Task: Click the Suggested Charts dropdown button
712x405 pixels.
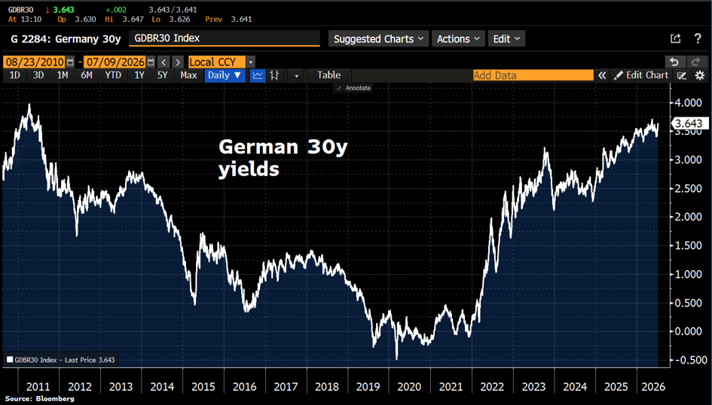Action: tap(377, 39)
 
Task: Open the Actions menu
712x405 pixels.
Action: tap(458, 39)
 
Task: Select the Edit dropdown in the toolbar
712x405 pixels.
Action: tap(507, 39)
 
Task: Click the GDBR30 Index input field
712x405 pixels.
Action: tap(225, 38)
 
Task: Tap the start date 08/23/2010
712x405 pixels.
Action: tap(35, 62)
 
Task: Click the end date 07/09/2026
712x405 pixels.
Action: tap(116, 62)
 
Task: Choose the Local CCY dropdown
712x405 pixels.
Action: tap(217, 62)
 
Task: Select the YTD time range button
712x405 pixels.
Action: tap(113, 75)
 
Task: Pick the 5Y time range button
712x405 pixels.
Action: tap(162, 75)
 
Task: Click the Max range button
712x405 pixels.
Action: tap(188, 75)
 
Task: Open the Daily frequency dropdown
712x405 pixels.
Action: tap(225, 75)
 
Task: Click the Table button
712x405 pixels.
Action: tap(328, 75)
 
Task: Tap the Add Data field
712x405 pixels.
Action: tap(533, 75)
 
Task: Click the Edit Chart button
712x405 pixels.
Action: tap(641, 75)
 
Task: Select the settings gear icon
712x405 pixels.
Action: tap(700, 75)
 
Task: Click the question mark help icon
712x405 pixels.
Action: tap(698, 38)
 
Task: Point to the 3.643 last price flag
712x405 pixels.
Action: tap(689, 123)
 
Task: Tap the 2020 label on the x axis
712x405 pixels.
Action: tap(409, 387)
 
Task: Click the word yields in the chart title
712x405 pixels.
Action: tap(249, 170)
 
